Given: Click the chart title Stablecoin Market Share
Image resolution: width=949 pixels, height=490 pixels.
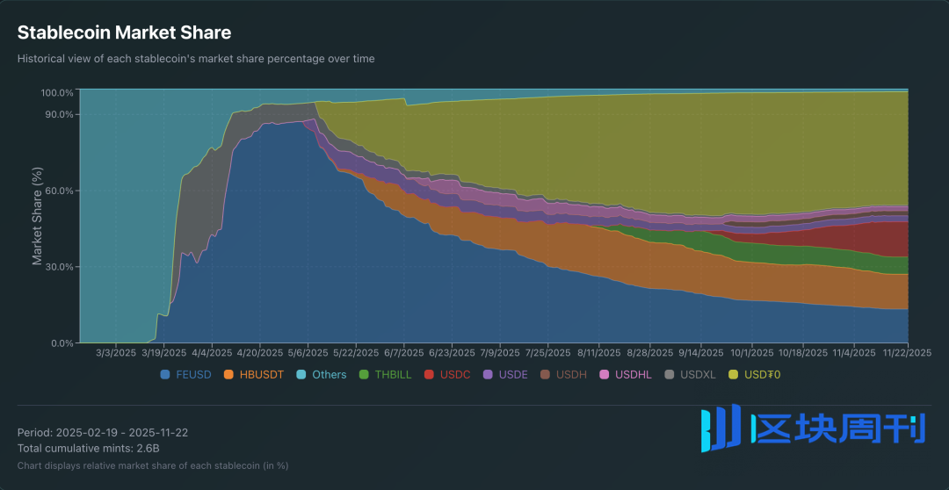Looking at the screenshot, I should [124, 33].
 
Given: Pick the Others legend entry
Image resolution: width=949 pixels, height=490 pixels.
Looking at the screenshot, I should [322, 375].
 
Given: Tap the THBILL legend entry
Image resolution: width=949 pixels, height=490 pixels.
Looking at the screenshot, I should [385, 375].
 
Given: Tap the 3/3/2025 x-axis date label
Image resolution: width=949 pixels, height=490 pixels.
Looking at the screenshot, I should [116, 352].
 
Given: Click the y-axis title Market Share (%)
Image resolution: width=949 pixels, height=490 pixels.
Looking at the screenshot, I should [38, 215].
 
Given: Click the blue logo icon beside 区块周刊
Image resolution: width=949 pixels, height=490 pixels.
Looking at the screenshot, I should [721, 429].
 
